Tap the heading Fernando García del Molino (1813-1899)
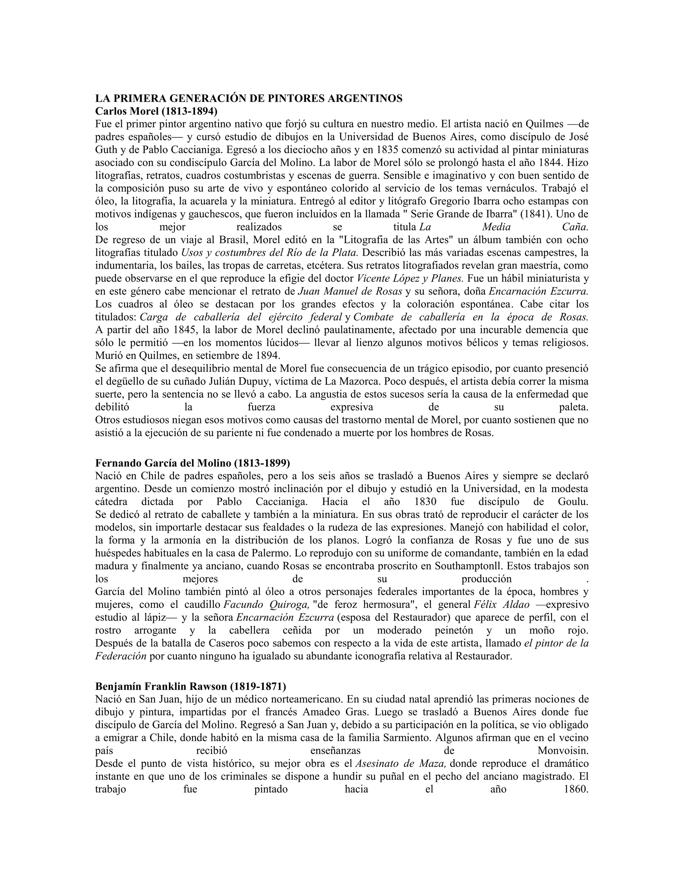coord(192,463)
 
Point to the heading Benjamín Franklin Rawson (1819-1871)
coord(190,686)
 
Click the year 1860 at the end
coord(574,789)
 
